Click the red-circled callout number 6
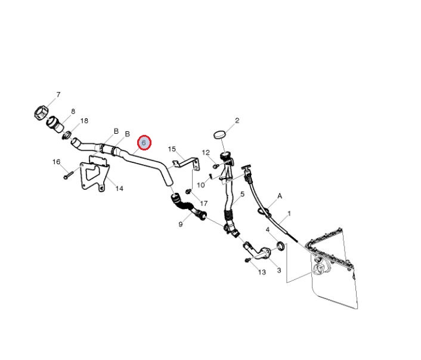[144, 143]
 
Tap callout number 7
[58, 95]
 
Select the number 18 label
[84, 121]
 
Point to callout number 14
[119, 189]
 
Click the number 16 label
[57, 162]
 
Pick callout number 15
[172, 149]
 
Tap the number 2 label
[237, 121]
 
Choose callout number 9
[180, 224]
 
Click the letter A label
[279, 196]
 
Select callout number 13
[262, 272]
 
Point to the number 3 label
[278, 270]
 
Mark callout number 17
[204, 204]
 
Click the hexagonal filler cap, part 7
[41, 112]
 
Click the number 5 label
[243, 195]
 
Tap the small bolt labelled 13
[247, 260]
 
